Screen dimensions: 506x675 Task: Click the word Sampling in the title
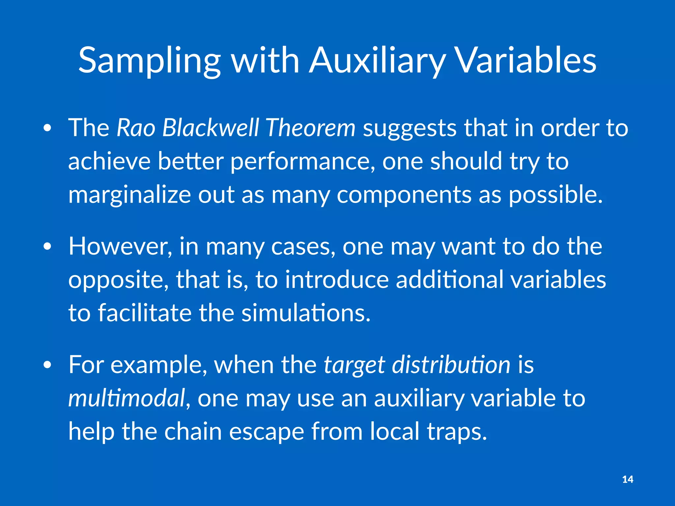coord(149,61)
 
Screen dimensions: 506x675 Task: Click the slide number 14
coord(628,479)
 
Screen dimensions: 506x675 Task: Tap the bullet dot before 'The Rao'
coord(47,128)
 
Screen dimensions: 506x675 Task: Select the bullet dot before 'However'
coord(47,247)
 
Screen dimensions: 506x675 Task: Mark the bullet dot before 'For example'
coord(47,365)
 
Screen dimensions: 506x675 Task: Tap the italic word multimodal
coord(127,398)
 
